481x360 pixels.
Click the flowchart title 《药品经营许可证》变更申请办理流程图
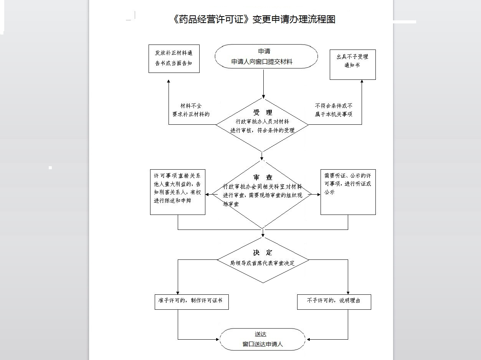click(x=253, y=19)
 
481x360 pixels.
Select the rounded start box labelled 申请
click(x=266, y=56)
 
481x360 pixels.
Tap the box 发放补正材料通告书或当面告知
click(x=174, y=58)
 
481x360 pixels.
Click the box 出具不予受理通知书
click(x=352, y=64)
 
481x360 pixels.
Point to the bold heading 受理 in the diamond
click(x=263, y=112)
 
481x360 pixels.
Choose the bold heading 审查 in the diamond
click(x=263, y=177)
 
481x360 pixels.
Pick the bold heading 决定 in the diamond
click(x=263, y=253)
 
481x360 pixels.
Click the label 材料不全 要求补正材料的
click(x=191, y=110)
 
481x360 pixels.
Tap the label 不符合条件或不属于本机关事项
click(x=334, y=110)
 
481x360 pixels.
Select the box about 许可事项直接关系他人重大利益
click(x=177, y=192)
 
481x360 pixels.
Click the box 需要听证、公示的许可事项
click(x=348, y=192)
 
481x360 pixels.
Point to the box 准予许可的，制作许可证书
click(x=191, y=302)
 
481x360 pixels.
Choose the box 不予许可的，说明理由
click(x=334, y=302)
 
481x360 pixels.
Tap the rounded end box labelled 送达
click(x=263, y=339)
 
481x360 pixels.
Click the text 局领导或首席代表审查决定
click(x=262, y=263)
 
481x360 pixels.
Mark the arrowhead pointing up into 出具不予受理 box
click(x=362, y=82)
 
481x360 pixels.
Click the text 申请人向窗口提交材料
click(x=262, y=62)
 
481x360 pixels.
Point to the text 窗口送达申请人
click(x=263, y=344)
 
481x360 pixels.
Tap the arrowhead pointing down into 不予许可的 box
click(x=348, y=293)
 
